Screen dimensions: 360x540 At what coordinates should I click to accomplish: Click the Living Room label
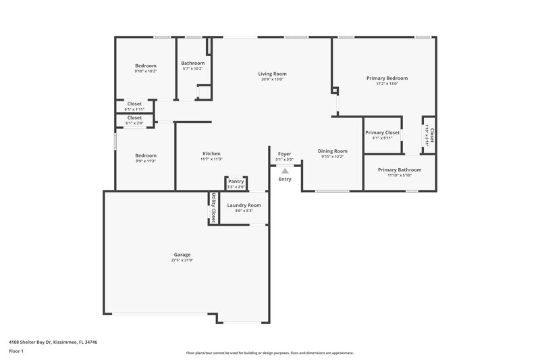tap(272, 74)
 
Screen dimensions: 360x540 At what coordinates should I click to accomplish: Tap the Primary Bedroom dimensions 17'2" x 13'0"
tap(387, 84)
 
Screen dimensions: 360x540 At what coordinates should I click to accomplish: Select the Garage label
tap(182, 255)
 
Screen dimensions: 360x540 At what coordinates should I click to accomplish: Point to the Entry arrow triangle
tap(285, 172)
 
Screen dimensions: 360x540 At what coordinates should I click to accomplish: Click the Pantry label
tap(236, 181)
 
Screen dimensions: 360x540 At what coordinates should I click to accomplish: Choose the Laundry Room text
tap(244, 205)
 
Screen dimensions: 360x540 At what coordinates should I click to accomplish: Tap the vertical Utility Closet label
tap(213, 207)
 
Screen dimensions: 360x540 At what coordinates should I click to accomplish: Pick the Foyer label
tap(285, 154)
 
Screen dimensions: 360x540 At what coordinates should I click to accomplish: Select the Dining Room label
tap(332, 151)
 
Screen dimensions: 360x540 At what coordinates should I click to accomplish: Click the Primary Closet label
tap(383, 132)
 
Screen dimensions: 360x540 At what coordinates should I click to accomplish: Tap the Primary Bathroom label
tap(400, 170)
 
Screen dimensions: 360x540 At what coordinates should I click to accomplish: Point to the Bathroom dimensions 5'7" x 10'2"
tap(192, 69)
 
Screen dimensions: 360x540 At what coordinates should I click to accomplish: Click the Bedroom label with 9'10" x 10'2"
tap(145, 66)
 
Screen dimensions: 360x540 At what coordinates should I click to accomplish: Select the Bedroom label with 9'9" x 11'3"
tap(145, 155)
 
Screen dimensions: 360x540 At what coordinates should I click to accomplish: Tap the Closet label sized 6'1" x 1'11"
tap(134, 104)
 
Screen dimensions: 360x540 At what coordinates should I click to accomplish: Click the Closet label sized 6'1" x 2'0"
tap(134, 118)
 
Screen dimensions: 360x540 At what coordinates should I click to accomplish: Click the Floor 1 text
tap(16, 352)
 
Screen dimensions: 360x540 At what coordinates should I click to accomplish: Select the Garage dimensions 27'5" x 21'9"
tap(182, 261)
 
